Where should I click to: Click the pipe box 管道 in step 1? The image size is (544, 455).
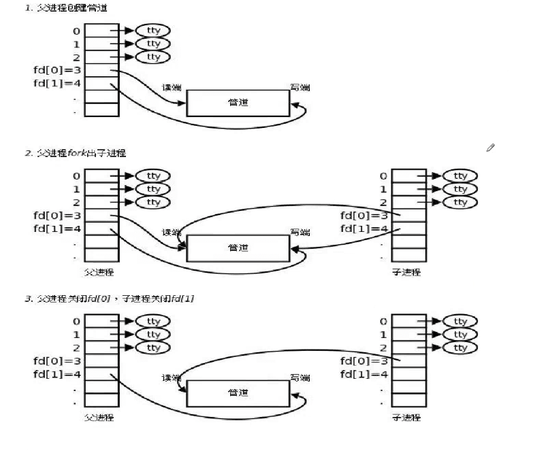(x=238, y=102)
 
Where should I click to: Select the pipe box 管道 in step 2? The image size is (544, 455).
(x=238, y=248)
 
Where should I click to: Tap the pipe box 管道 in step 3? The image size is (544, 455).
(x=238, y=393)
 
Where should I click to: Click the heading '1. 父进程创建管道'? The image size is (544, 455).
(x=65, y=7)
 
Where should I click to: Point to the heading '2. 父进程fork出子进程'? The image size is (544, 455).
(x=76, y=153)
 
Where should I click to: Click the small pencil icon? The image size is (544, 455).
(x=490, y=148)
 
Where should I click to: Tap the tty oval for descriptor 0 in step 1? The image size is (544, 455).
(x=153, y=31)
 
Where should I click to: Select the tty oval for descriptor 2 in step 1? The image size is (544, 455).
(x=153, y=56)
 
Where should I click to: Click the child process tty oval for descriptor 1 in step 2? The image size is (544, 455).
(x=460, y=189)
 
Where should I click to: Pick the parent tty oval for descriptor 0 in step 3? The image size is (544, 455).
(x=153, y=321)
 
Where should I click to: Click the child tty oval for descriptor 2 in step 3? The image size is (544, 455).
(x=460, y=348)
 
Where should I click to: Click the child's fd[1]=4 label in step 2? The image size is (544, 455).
(x=364, y=229)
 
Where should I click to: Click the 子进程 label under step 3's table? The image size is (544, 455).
(x=406, y=417)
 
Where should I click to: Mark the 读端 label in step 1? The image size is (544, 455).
(x=171, y=87)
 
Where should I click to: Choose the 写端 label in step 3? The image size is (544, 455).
(x=300, y=377)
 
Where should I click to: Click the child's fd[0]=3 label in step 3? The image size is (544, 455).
(x=364, y=360)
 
